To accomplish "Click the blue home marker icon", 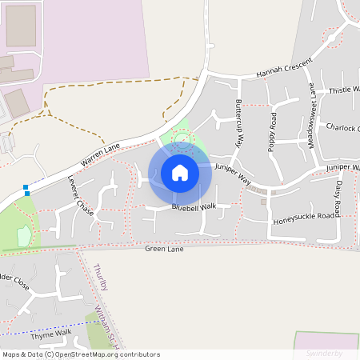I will click(180, 172).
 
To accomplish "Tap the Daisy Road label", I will click(338, 198).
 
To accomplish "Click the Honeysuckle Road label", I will click(303, 216).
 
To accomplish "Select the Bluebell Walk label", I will click(194, 206).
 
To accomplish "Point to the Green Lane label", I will click(165, 249).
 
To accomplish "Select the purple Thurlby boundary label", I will click(99, 275).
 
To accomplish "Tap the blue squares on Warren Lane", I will click(26, 190).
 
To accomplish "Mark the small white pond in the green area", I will click(24, 235).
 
